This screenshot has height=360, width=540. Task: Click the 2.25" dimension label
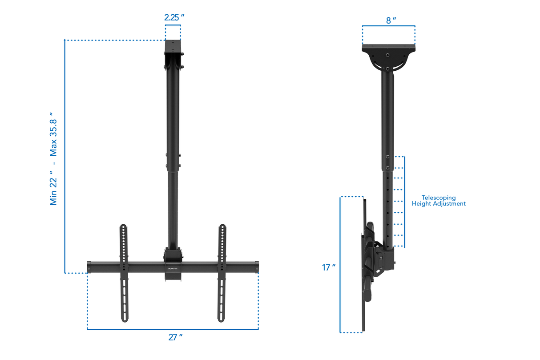pos(174,17)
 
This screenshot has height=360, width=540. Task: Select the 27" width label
pos(175,337)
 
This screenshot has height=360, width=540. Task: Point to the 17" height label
pos(329,267)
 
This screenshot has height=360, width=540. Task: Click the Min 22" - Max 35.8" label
pos(53,158)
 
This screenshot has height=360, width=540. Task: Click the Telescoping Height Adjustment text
pos(439,201)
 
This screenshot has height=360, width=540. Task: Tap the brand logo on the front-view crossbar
pos(173,268)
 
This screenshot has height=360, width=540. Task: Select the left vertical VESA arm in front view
pos(123,272)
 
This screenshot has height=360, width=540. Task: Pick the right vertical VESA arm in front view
pos(222,272)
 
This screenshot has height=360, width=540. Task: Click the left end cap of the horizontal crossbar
pos(89,267)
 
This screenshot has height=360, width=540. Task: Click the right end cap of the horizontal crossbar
pos(256,267)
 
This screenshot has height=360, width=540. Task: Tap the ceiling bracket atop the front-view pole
pos(173,53)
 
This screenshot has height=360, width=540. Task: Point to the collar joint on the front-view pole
pos(173,162)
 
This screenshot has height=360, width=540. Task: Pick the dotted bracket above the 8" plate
pos(389,26)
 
